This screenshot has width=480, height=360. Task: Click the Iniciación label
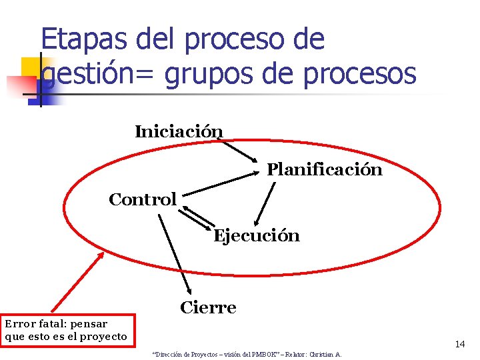pyautogui.click(x=179, y=131)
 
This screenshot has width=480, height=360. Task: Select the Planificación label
pyautogui.click(x=325, y=169)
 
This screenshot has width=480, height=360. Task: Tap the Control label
pyautogui.click(x=143, y=199)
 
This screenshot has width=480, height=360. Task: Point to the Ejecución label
pyautogui.click(x=256, y=236)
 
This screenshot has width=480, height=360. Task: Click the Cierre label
pyautogui.click(x=208, y=307)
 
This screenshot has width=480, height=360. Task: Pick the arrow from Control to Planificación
pyautogui.click(x=220, y=183)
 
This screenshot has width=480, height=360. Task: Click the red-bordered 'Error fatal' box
pyautogui.click(x=67, y=330)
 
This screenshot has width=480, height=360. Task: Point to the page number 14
pyautogui.click(x=459, y=344)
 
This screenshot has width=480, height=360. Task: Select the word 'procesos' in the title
pyautogui.click(x=359, y=75)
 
